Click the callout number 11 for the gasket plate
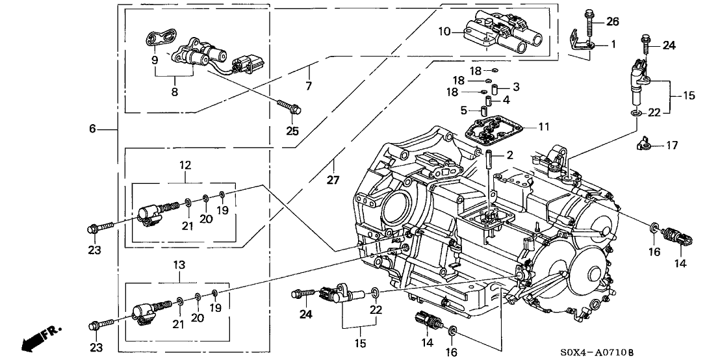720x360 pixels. [x=543, y=126]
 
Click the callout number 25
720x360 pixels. [x=309, y=85]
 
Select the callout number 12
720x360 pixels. [x=185, y=166]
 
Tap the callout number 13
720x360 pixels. [x=179, y=265]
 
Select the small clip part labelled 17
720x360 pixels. [x=643, y=144]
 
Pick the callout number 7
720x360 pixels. [x=309, y=85]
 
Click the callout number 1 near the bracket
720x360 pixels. [x=613, y=44]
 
